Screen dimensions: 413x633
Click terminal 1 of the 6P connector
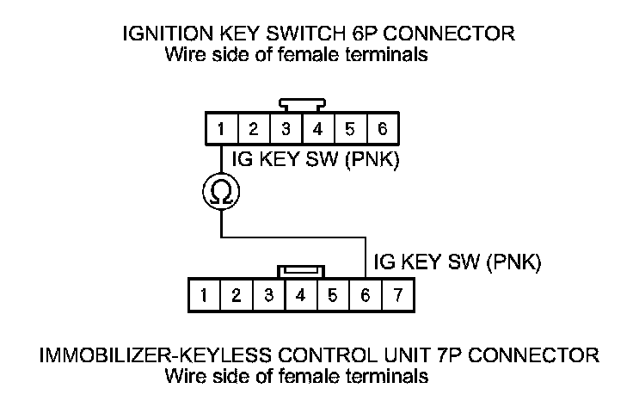tap(222, 130)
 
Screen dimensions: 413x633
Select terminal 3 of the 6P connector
tap(286, 130)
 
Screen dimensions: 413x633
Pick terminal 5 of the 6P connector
tap(350, 130)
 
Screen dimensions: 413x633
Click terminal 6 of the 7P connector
tap(366, 295)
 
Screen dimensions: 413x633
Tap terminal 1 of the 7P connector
tap(204, 295)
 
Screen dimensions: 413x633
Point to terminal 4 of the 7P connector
tap(301, 295)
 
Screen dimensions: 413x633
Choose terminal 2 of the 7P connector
tap(236, 295)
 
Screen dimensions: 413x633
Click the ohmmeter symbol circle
tap(222, 193)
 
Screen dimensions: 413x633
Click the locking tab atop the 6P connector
tap(302, 105)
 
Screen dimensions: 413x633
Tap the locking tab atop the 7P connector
tap(301, 270)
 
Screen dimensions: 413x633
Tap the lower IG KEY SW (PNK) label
tap(455, 262)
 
